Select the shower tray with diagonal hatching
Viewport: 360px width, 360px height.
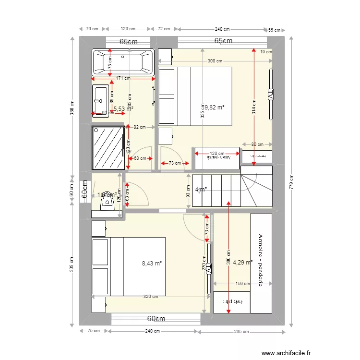[108, 147]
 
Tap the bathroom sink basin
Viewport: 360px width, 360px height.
[101, 100]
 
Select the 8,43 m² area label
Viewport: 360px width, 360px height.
[152, 263]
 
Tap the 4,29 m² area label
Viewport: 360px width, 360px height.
[242, 263]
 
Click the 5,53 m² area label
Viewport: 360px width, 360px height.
[123, 109]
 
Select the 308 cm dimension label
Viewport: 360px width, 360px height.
[215, 61]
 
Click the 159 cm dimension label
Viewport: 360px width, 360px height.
[242, 284]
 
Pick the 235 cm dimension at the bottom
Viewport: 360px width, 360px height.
[242, 331]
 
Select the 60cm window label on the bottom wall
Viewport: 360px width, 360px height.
[156, 319]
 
